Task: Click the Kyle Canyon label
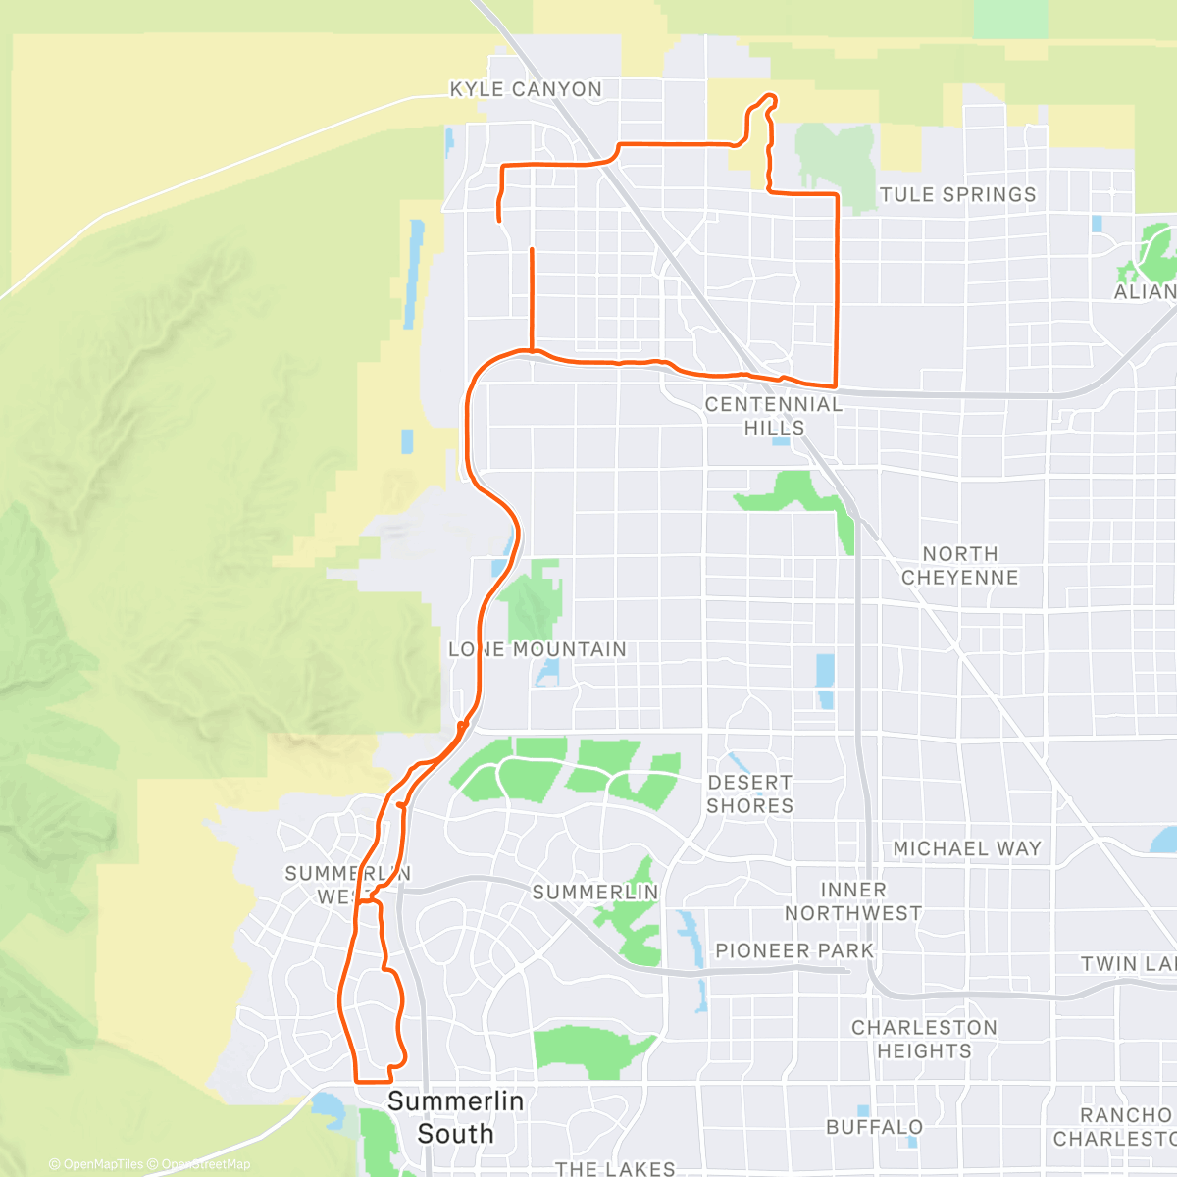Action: click(526, 89)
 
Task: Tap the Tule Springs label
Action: click(957, 194)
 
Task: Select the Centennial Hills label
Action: click(774, 416)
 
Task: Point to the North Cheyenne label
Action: click(960, 566)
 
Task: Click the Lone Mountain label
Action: click(537, 649)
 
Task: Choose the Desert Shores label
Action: click(750, 793)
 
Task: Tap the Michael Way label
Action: click(967, 848)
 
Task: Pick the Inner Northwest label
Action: click(853, 901)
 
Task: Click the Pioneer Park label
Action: click(794, 950)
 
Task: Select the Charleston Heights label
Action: click(924, 1039)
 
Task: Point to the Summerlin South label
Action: click(455, 1117)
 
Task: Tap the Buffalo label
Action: click(875, 1127)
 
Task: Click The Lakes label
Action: click(615, 1167)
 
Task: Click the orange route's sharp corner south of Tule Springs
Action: click(836, 385)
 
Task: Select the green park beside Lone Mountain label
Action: click(535, 600)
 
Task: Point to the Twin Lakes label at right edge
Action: click(1128, 963)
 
